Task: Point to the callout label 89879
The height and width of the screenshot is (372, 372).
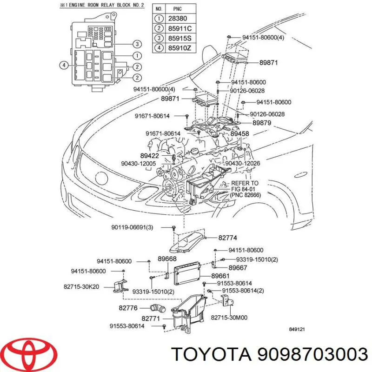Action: coord(261,123)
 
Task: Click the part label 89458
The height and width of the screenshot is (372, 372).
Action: coord(239,134)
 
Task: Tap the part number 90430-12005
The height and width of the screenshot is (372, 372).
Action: coord(139,163)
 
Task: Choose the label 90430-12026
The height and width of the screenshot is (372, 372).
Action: coord(243,163)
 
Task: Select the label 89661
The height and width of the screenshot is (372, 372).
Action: coord(220,276)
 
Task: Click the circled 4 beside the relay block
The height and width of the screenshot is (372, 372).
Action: coord(64,65)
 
